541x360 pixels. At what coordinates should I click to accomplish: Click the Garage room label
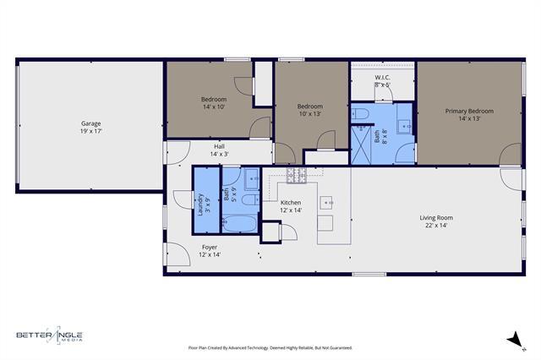click(x=91, y=124)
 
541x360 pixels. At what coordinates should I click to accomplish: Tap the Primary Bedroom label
click(x=469, y=111)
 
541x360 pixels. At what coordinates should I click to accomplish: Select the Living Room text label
click(x=436, y=218)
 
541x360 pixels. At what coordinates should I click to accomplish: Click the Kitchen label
click(x=291, y=203)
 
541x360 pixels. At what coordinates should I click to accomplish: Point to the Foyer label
click(x=210, y=247)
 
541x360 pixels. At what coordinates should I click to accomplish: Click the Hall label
click(x=219, y=146)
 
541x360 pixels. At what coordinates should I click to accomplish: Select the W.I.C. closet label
click(x=382, y=78)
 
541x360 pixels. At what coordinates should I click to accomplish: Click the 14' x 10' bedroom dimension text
click(x=214, y=107)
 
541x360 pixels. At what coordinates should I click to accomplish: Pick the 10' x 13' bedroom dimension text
click(x=309, y=114)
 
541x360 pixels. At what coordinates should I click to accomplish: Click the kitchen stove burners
click(x=296, y=176)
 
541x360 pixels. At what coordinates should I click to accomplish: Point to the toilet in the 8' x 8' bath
click(x=361, y=114)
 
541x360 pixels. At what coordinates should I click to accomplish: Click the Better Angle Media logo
click(x=50, y=335)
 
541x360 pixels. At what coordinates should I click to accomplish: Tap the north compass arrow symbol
click(x=511, y=340)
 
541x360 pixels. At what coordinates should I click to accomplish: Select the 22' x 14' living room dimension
click(x=436, y=226)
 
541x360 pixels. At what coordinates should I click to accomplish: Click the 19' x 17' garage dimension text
click(x=91, y=132)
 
